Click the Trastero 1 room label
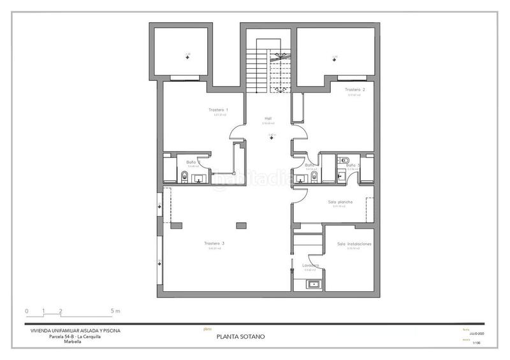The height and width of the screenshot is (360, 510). coord(218,110)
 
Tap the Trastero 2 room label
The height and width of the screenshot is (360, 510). coord(355,90)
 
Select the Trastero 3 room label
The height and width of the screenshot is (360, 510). coord(214,243)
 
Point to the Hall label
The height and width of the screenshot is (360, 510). coord(268,118)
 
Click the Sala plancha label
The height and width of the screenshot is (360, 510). coord(340,202)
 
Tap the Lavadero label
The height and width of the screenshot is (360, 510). coord(310,264)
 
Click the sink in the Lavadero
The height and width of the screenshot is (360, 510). coord(314,284)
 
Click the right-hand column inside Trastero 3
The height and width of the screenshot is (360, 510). coord(241,224)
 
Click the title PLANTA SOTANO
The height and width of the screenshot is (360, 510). coord(241,336)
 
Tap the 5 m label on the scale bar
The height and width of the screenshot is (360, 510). coord(115,312)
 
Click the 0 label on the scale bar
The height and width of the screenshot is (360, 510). coord(27,312)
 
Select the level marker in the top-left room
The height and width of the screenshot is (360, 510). coord(187,57)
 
